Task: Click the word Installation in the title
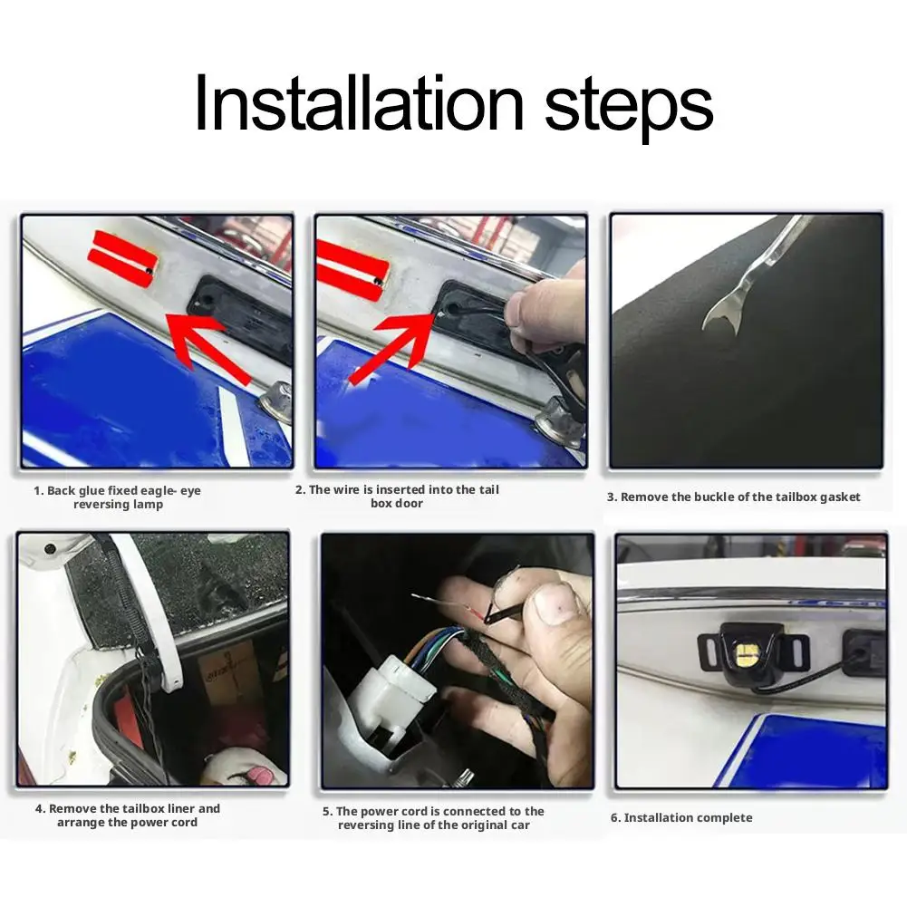[x=359, y=102]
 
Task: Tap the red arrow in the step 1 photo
[x=209, y=346]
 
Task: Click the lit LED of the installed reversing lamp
[x=744, y=653]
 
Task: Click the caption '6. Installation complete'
[x=681, y=817]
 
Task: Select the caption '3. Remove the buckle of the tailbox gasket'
[x=733, y=497]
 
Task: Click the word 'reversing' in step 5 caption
[x=365, y=825]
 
